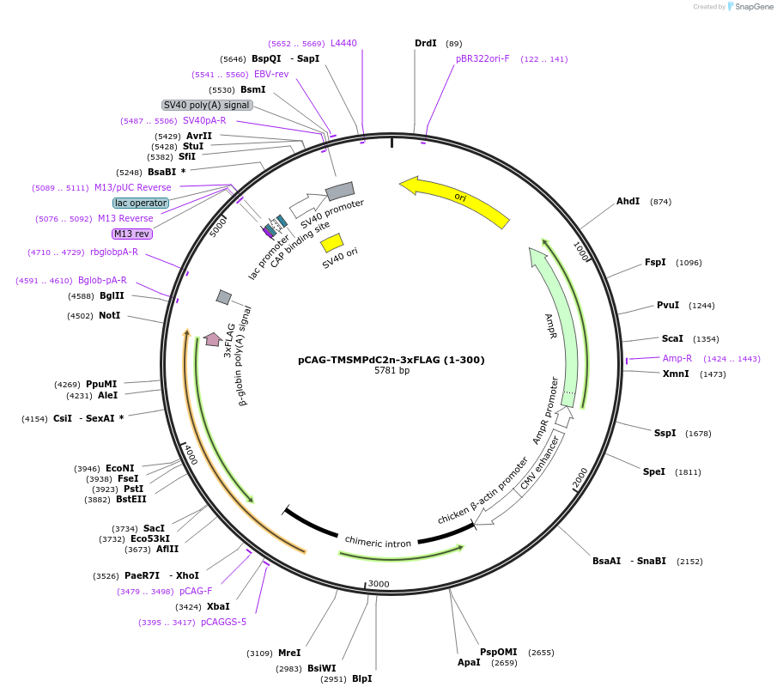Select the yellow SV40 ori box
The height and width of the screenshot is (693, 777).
[332, 242]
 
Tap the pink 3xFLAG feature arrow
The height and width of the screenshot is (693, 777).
[213, 339]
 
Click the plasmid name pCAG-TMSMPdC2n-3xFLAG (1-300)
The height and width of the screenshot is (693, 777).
[392, 360]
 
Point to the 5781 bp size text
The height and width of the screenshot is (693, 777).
[392, 371]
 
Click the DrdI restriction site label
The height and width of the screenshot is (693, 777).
[426, 43]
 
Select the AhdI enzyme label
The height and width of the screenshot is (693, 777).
[628, 201]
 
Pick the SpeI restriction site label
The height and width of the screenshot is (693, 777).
[654, 471]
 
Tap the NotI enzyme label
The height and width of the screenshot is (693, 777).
[110, 315]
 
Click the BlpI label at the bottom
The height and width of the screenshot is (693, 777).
[361, 678]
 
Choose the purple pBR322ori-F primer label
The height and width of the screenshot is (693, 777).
[483, 58]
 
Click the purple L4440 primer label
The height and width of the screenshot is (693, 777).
[343, 43]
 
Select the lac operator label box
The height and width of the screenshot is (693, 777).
[141, 203]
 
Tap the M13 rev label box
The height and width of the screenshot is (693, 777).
[132, 234]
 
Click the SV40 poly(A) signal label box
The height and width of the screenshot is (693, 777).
[207, 105]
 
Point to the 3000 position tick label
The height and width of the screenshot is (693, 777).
[379, 584]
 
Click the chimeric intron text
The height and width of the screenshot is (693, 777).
[378, 542]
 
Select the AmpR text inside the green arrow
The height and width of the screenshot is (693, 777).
[551, 325]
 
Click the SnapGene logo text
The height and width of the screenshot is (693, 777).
[753, 7]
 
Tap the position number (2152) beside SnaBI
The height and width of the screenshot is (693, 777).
[689, 561]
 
